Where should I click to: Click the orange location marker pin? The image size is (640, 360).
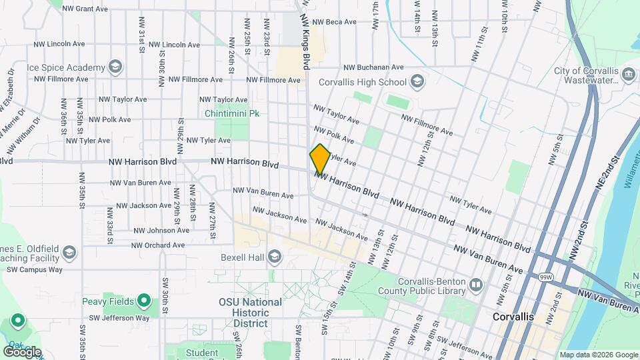pyautogui.click(x=320, y=159)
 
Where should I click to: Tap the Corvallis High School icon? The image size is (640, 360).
pyautogui.click(x=417, y=82)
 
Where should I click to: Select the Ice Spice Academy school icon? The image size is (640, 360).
pyautogui.click(x=115, y=67)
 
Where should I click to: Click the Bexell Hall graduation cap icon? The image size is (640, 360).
pyautogui.click(x=274, y=257)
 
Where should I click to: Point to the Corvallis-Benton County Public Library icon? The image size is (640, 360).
pyautogui.click(x=476, y=286)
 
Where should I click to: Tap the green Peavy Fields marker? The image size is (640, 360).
pyautogui.click(x=143, y=301)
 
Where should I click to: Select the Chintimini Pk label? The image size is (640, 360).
pyautogui.click(x=232, y=113)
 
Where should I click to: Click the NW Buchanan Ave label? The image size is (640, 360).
pyautogui.click(x=373, y=67)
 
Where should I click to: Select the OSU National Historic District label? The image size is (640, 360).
pyautogui.click(x=251, y=312)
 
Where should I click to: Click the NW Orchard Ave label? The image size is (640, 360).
pyautogui.click(x=157, y=245)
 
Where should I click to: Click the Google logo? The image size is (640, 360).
pyautogui.click(x=21, y=351)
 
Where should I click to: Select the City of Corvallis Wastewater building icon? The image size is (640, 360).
pyautogui.click(x=628, y=73)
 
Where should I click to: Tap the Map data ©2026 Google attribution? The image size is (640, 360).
pyautogui.click(x=598, y=355)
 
